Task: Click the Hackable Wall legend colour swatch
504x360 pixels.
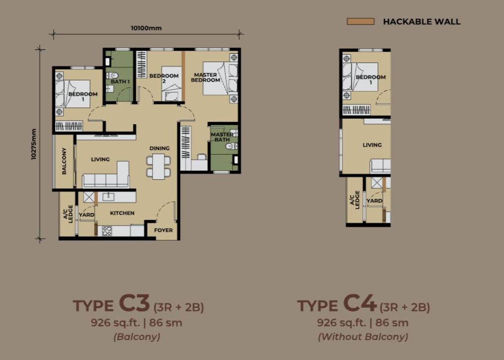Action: click(x=360, y=22)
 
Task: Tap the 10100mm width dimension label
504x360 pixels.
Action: click(x=146, y=28)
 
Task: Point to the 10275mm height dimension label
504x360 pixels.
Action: click(x=34, y=144)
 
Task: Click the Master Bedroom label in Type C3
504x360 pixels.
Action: click(x=205, y=77)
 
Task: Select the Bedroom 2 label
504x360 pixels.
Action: click(x=164, y=78)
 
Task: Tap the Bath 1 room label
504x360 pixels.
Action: click(x=120, y=82)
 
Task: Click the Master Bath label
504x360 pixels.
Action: click(x=222, y=137)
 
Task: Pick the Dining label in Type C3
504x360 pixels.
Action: click(x=159, y=148)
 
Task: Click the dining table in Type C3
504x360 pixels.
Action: click(x=158, y=166)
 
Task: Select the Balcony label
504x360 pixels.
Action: click(x=64, y=161)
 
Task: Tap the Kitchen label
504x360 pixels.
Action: click(x=122, y=213)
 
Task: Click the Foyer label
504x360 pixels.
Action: click(x=163, y=230)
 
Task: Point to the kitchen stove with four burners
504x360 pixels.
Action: click(x=107, y=231)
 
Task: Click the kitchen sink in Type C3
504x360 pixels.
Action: click(x=108, y=196)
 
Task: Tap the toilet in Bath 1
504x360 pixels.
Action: click(x=112, y=76)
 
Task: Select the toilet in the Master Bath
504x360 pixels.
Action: click(x=231, y=146)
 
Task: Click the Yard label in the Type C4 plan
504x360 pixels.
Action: click(x=375, y=201)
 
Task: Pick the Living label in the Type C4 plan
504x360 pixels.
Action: click(x=372, y=145)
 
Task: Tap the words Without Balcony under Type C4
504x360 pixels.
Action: click(x=363, y=337)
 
